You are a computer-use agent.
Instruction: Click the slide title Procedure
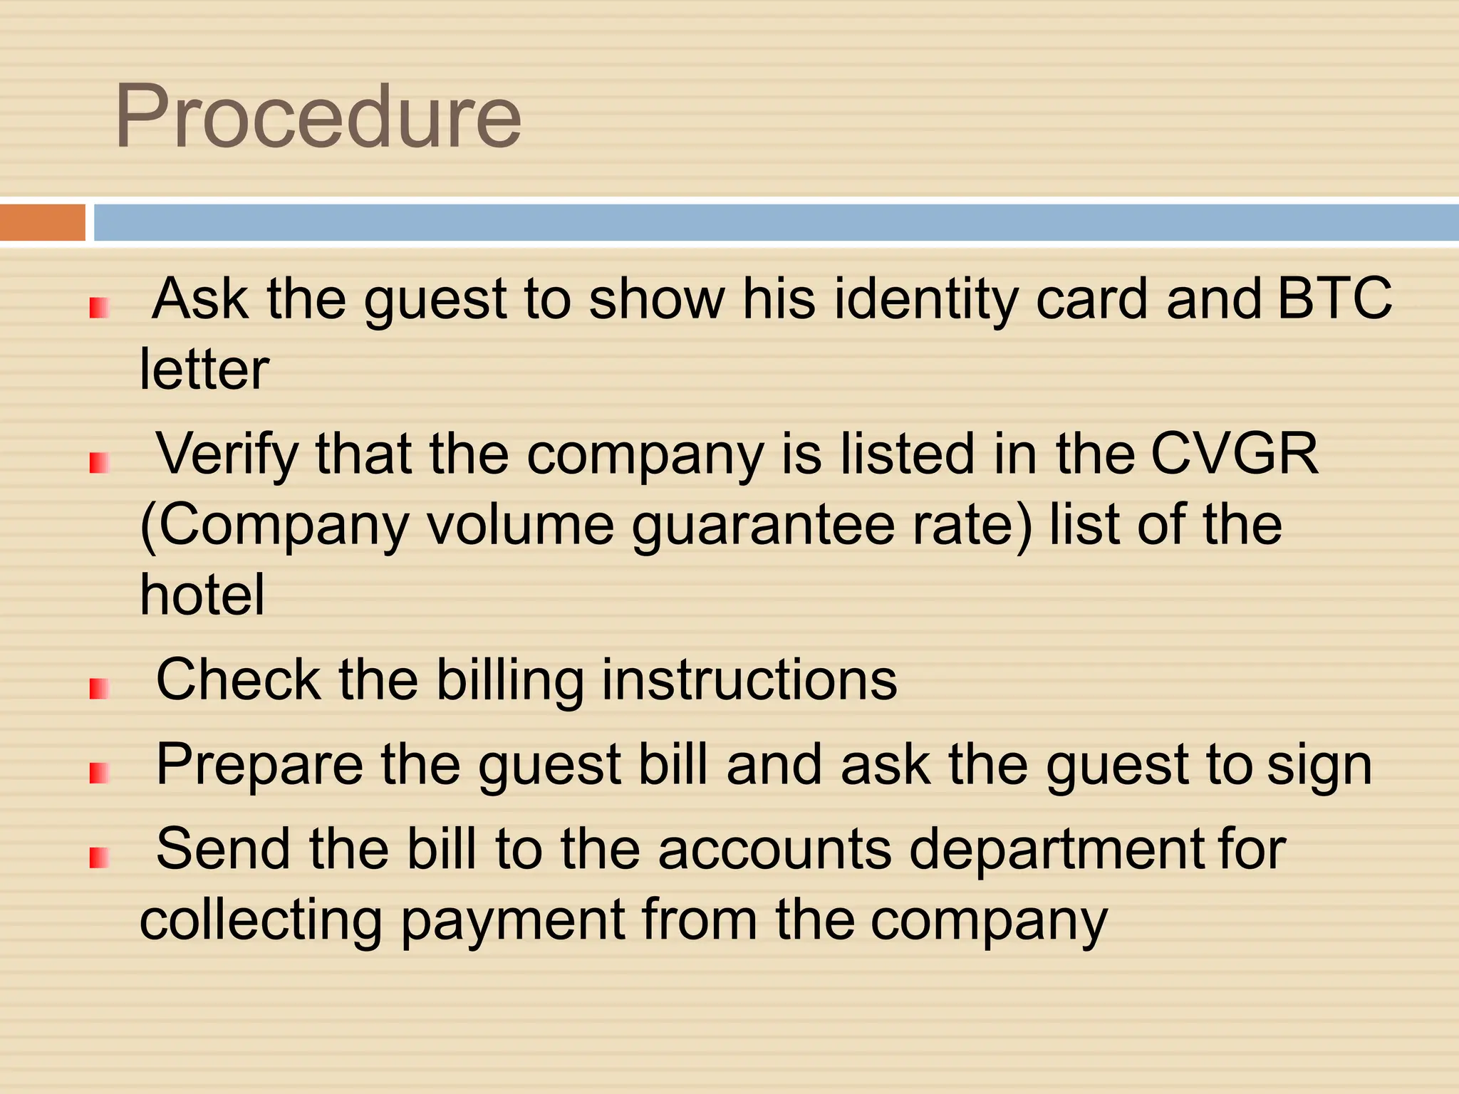tap(318, 118)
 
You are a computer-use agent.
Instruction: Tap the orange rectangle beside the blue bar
tap(42, 222)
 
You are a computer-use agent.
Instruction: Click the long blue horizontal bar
tap(777, 222)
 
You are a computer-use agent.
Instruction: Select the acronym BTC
tap(1334, 298)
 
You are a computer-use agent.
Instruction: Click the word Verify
tap(227, 454)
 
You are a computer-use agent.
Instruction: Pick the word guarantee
tap(763, 526)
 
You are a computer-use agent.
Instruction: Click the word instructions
tap(749, 679)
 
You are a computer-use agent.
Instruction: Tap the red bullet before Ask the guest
tap(99, 308)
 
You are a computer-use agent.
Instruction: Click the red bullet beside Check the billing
tap(99, 689)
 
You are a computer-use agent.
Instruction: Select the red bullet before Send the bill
tap(99, 858)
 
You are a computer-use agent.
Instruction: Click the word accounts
tap(774, 850)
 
